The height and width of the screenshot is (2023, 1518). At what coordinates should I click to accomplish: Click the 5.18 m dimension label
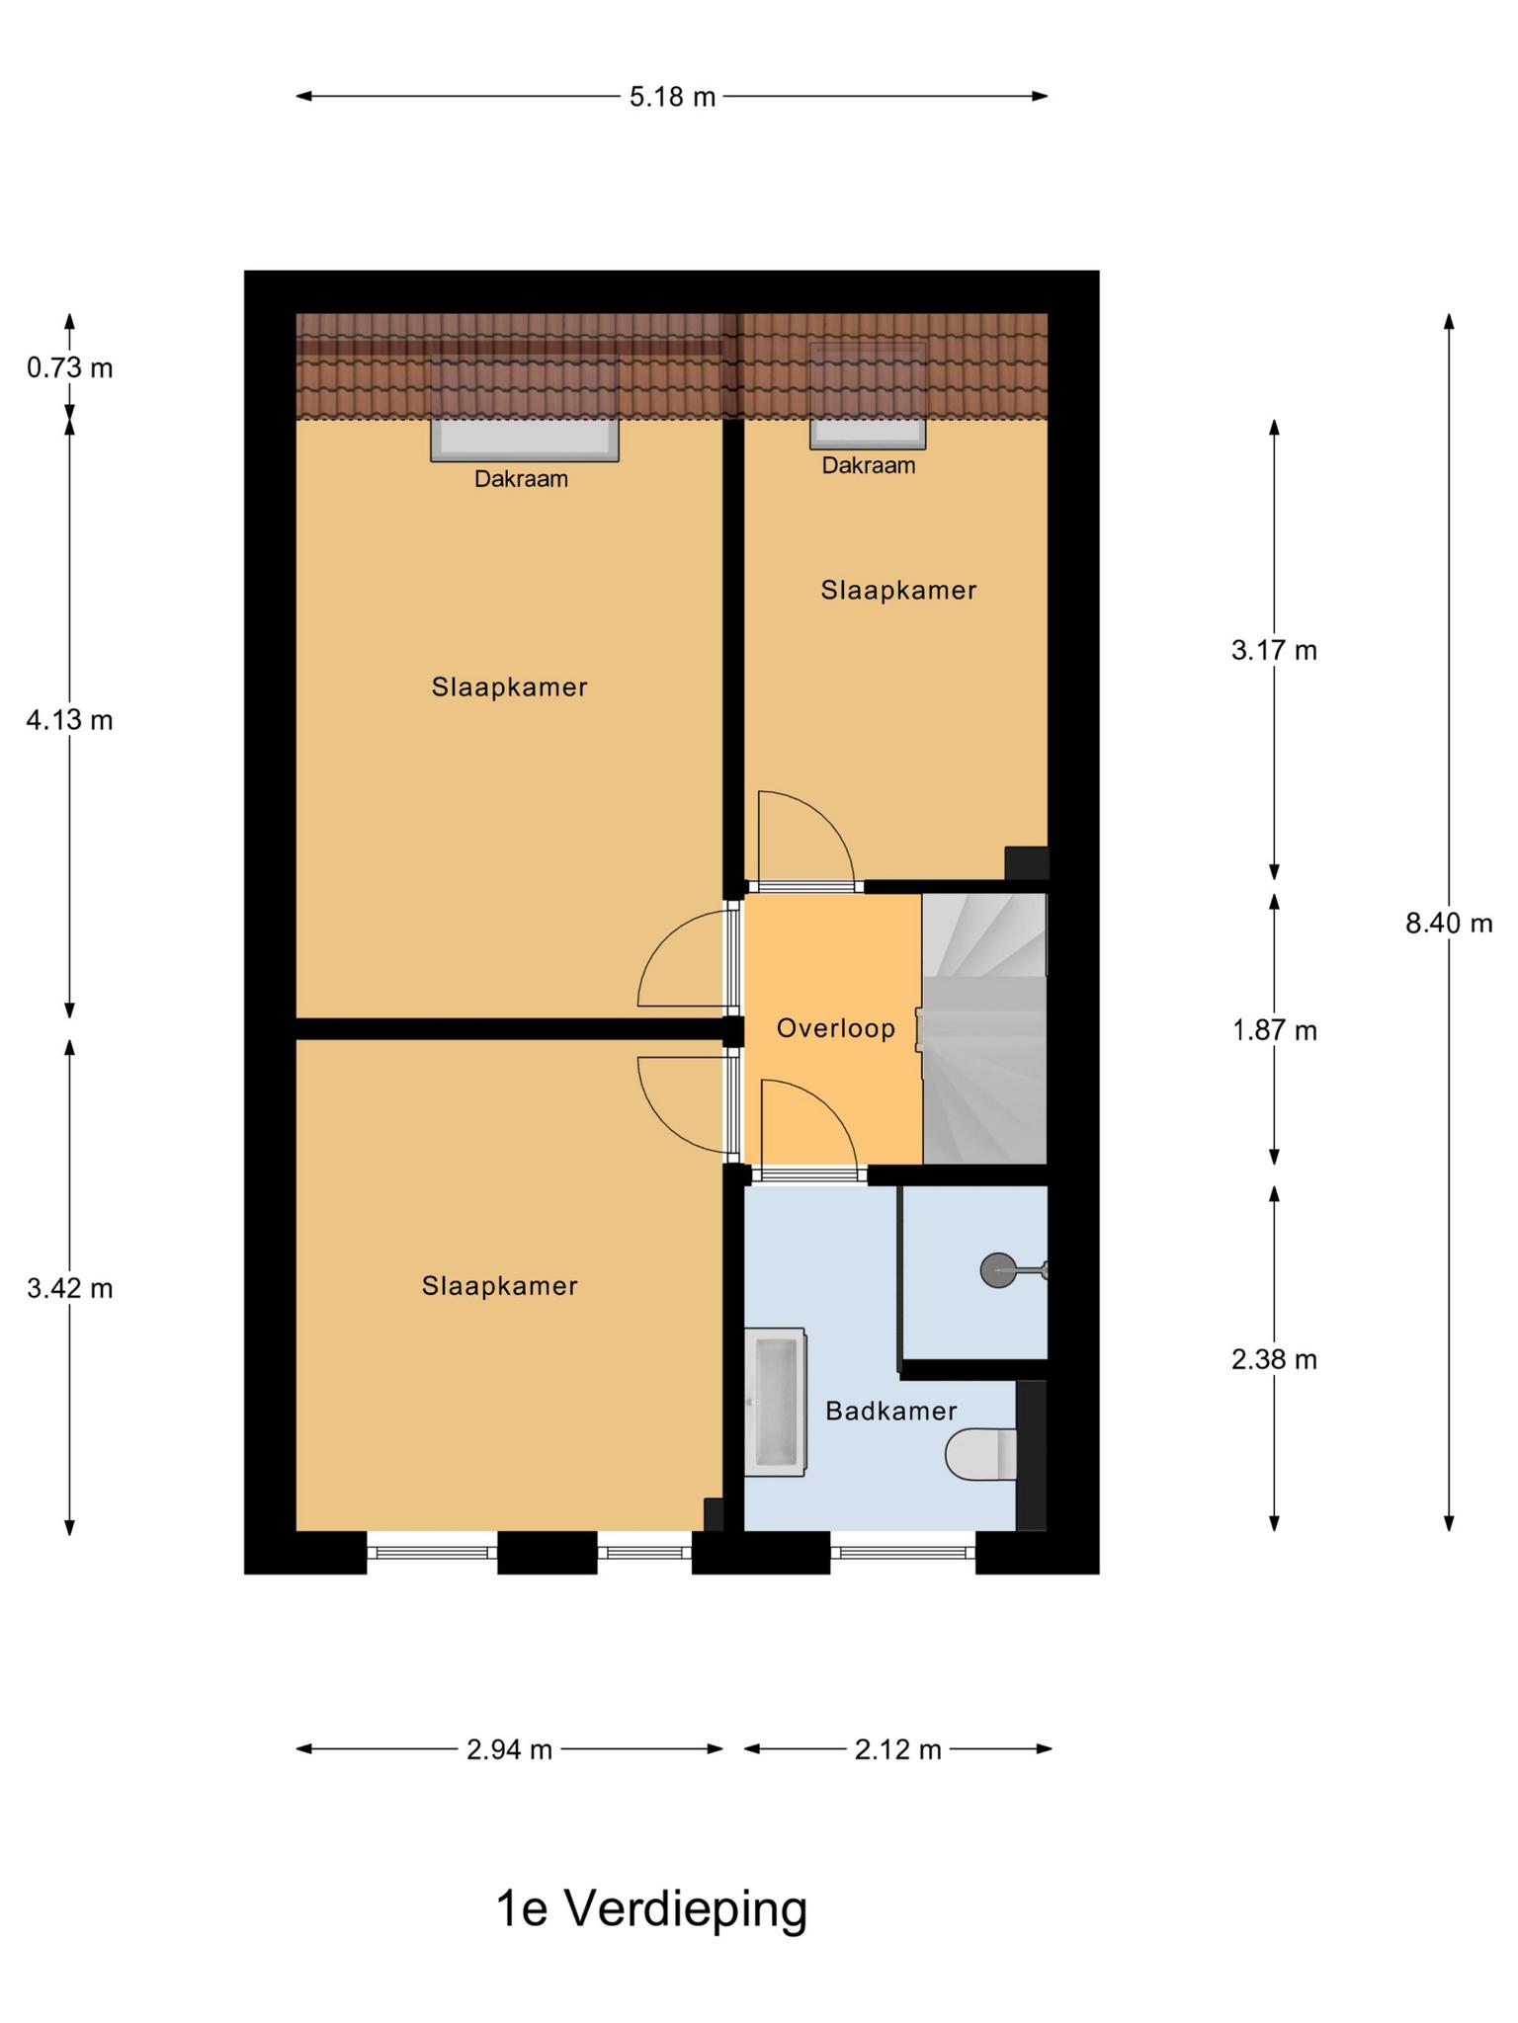coord(672,97)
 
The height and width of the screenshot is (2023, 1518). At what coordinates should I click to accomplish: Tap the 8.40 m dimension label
coord(1449,924)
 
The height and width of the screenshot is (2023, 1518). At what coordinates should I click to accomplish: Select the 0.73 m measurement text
coord(69,368)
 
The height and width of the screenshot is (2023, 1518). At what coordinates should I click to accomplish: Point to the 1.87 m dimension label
coord(1274,1031)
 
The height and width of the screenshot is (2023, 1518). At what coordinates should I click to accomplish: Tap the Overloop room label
coord(836,1028)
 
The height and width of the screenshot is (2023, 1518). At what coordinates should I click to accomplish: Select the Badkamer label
coord(891,1411)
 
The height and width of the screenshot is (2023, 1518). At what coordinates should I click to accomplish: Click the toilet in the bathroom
coord(981,1454)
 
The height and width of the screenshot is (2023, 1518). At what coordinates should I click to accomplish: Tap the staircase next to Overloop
coord(984,1028)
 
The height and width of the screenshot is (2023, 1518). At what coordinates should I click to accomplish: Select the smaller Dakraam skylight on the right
coord(868,433)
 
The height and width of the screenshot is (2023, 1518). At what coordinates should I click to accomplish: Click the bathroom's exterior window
coord(902,1553)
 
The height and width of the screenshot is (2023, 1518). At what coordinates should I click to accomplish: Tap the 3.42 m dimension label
coord(69,1289)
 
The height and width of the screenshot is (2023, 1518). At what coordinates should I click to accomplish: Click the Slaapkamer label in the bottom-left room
coord(500,1286)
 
